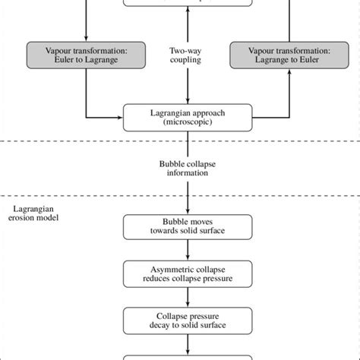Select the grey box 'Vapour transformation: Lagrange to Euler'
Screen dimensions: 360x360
274,55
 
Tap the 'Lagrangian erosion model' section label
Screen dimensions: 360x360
37,212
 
